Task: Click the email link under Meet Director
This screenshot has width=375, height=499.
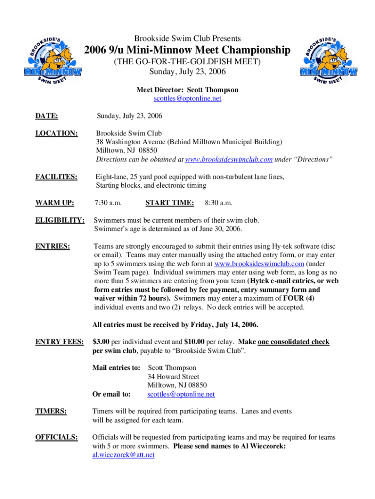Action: point(187,98)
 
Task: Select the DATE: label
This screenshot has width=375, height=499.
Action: point(47,116)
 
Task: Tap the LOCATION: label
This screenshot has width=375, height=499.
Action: point(56,133)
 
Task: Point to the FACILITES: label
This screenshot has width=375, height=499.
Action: point(56,176)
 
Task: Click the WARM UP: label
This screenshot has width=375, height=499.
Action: point(55,202)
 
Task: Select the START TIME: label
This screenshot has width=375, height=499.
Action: point(169,202)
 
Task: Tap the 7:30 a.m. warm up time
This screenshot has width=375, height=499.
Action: point(108,202)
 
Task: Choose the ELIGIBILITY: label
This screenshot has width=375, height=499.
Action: point(60,220)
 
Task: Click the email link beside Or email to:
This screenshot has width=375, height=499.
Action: point(181,394)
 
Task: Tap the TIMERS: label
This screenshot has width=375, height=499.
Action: point(51,411)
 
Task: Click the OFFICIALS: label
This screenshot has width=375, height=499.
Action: point(56,438)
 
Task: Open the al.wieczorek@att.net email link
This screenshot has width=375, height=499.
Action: point(123,455)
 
